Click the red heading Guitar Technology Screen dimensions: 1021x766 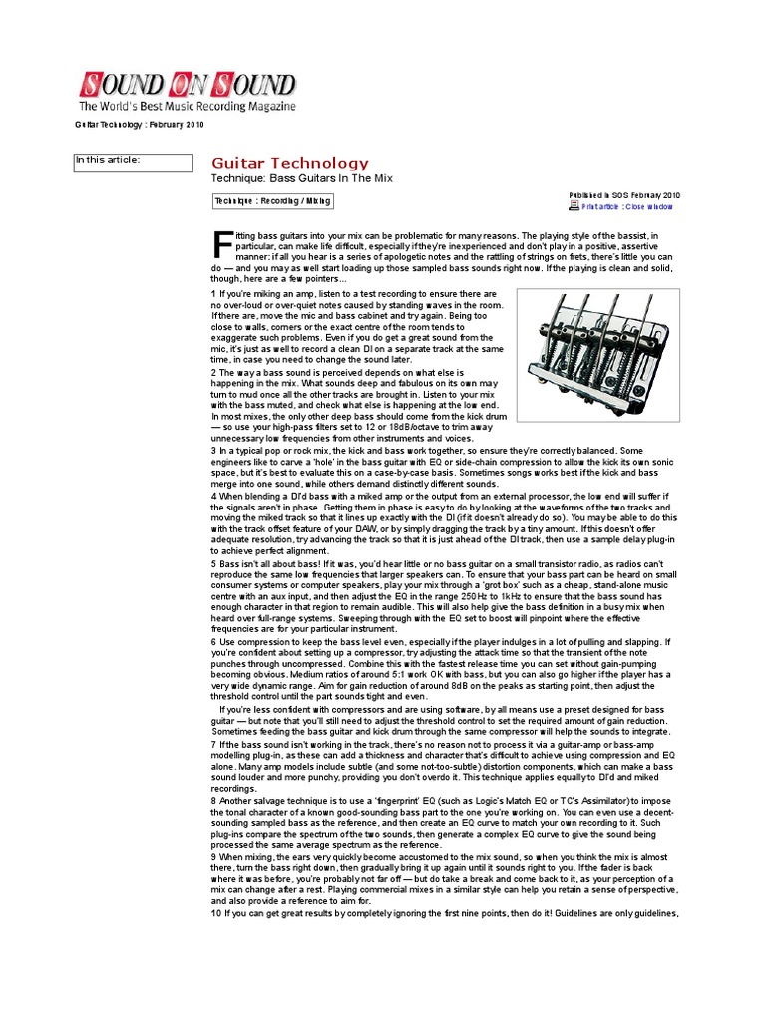coord(290,163)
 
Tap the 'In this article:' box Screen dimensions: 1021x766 coord(134,163)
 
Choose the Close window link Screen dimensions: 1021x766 coord(649,207)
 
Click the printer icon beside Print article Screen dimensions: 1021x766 coord(574,206)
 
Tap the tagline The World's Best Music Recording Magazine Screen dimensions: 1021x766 coord(188,106)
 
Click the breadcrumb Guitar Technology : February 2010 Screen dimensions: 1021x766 coord(139,125)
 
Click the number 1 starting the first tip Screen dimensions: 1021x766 coord(213,295)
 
